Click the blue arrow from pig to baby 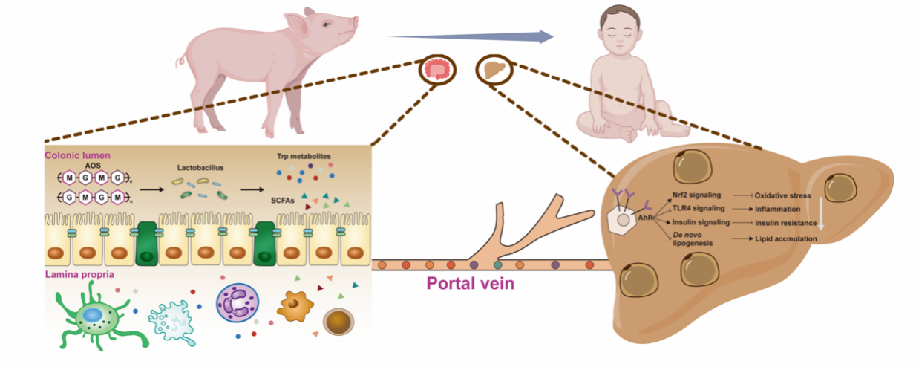(471, 36)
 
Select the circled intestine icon (437, 70)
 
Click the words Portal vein (471, 284)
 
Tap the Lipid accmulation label (787, 238)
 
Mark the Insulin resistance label (788, 223)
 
